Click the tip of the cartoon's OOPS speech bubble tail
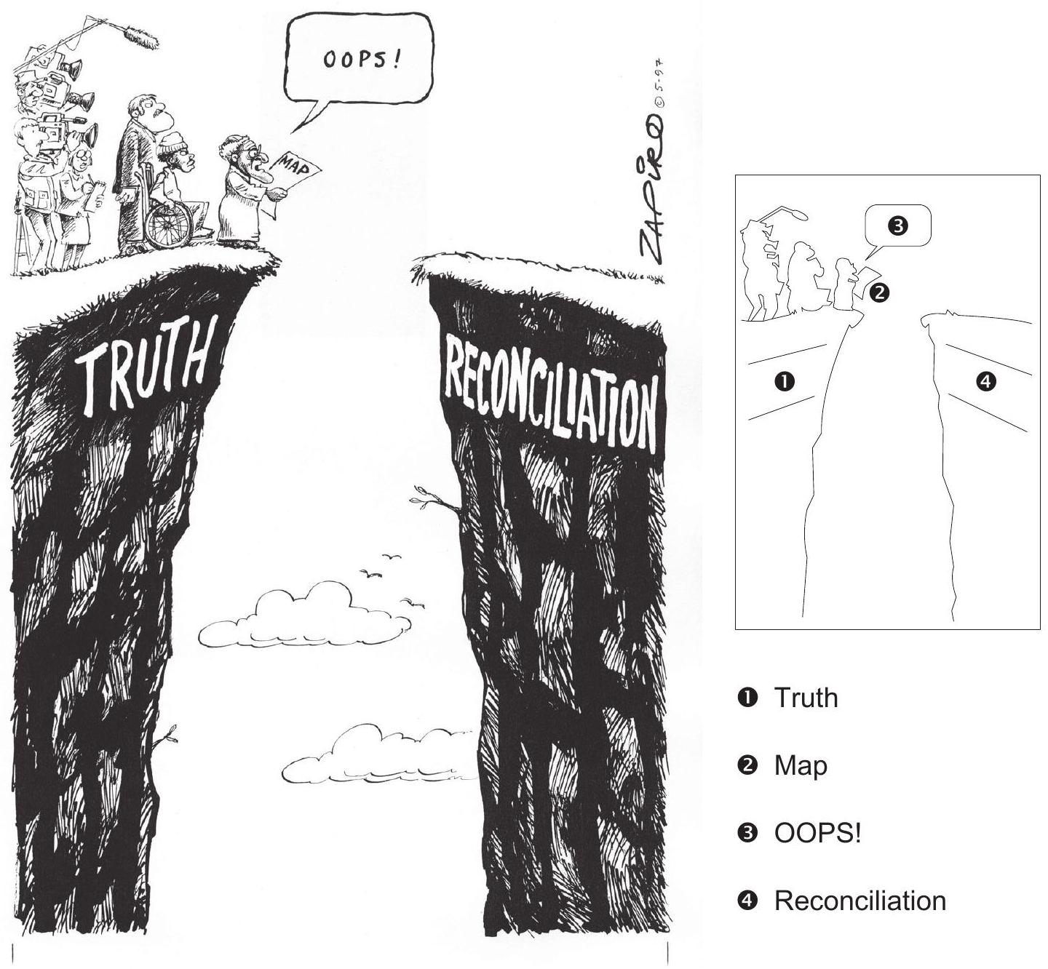[x=292, y=132]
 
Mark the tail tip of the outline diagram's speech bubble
[x=866, y=259]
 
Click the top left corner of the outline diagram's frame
[x=736, y=175]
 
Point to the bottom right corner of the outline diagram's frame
[x=1040, y=629]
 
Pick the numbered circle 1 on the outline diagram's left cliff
[x=785, y=381]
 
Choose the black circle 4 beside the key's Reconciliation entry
[x=748, y=900]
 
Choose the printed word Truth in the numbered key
[x=806, y=698]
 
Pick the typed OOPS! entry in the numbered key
[x=817, y=833]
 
